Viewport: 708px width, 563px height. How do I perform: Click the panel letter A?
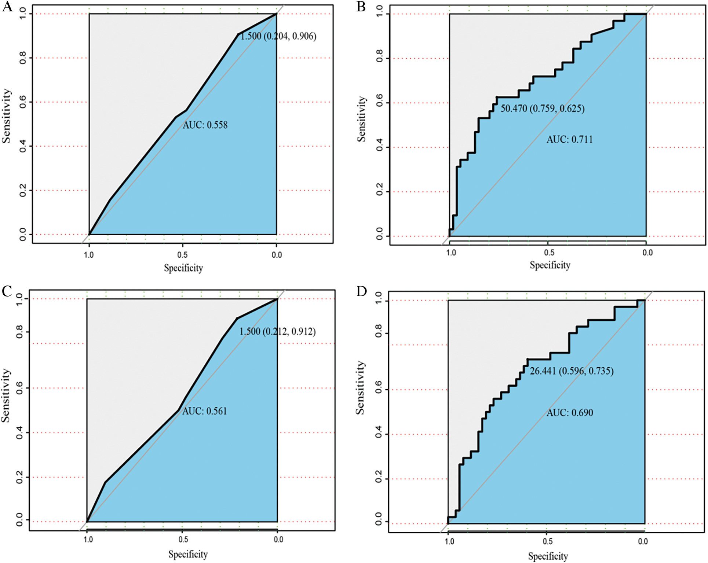[x=7, y=7]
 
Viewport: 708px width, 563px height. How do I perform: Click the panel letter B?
[x=361, y=7]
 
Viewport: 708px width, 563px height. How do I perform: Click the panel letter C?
[x=7, y=291]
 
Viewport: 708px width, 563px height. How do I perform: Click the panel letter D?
[x=361, y=291]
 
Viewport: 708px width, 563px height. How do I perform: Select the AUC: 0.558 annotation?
[x=205, y=125]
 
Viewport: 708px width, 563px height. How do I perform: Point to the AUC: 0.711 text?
[x=569, y=140]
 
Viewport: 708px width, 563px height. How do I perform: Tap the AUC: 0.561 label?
[x=205, y=411]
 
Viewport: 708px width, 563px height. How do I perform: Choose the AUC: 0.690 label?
[x=570, y=413]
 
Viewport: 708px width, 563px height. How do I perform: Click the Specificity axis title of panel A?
[x=183, y=268]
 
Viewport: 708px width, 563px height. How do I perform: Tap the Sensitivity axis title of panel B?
[x=362, y=119]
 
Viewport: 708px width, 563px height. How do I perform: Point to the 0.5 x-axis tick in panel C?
[x=183, y=540]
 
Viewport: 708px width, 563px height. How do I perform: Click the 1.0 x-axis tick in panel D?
[x=449, y=541]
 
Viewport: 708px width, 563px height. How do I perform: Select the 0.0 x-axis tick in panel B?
[x=647, y=253]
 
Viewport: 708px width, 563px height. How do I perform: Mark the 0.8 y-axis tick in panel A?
[x=23, y=58]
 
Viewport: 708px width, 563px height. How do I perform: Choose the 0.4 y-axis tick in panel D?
[x=379, y=434]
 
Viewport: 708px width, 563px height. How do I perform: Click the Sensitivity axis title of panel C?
[x=6, y=396]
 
